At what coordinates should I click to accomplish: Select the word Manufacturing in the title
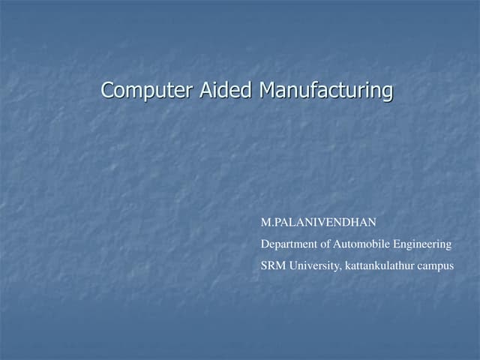coord(325,91)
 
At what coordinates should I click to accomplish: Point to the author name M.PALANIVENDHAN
coord(318,223)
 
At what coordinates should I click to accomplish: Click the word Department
coord(288,244)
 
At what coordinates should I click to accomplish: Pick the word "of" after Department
coord(325,244)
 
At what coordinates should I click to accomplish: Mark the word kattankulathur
coord(381,265)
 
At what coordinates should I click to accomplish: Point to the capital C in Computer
coord(107,91)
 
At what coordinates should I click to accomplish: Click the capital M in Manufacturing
coord(266,91)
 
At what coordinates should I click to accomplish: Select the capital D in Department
coord(265,244)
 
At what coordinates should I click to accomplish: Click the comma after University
coord(341,268)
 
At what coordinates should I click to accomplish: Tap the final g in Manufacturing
coord(387,93)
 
